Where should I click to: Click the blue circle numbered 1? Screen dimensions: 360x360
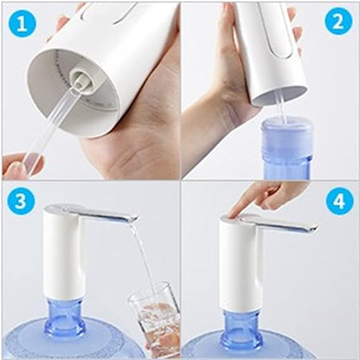tap(22, 24)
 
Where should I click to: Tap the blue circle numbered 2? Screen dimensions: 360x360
tap(339, 22)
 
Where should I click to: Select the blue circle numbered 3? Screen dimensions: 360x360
tap(21, 201)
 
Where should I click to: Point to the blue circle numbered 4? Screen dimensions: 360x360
tap(339, 201)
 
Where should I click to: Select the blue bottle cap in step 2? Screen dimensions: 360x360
tap(287, 136)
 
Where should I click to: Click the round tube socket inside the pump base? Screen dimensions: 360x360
tap(81, 79)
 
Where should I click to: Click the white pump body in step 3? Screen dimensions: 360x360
tap(62, 254)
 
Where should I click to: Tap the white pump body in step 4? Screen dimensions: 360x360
tap(241, 262)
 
